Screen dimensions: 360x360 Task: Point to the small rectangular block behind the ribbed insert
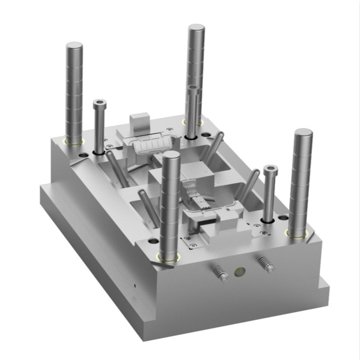click(x=139, y=121)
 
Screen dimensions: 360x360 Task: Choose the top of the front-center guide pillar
click(x=171, y=156)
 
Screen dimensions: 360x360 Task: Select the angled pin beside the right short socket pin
click(x=249, y=185)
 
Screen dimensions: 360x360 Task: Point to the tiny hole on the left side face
click(x=135, y=285)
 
